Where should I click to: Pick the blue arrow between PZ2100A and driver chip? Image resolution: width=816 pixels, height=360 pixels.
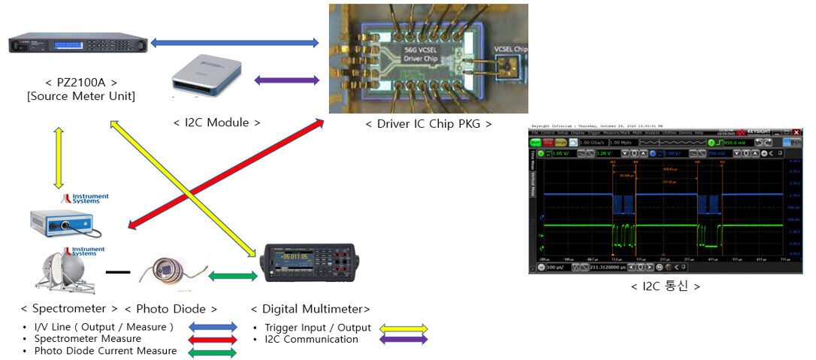pos(234,43)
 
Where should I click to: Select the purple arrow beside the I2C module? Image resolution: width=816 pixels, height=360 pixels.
pos(286,80)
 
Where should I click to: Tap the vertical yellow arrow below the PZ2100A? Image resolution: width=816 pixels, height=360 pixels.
pos(59,158)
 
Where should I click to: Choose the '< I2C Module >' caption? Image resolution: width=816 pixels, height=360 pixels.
pos(217,123)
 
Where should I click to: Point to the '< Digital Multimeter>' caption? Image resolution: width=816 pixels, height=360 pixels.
pos(310,309)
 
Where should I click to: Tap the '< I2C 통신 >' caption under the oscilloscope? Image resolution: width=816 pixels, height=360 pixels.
pos(665,286)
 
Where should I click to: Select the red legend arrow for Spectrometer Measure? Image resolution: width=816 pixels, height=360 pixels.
pos(212,339)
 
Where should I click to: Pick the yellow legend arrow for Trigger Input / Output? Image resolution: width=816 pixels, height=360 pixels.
pos(403,328)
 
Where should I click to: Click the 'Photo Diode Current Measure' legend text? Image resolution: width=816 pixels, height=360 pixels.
pos(105,351)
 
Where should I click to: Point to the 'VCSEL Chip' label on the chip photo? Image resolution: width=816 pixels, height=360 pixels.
pos(510,50)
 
